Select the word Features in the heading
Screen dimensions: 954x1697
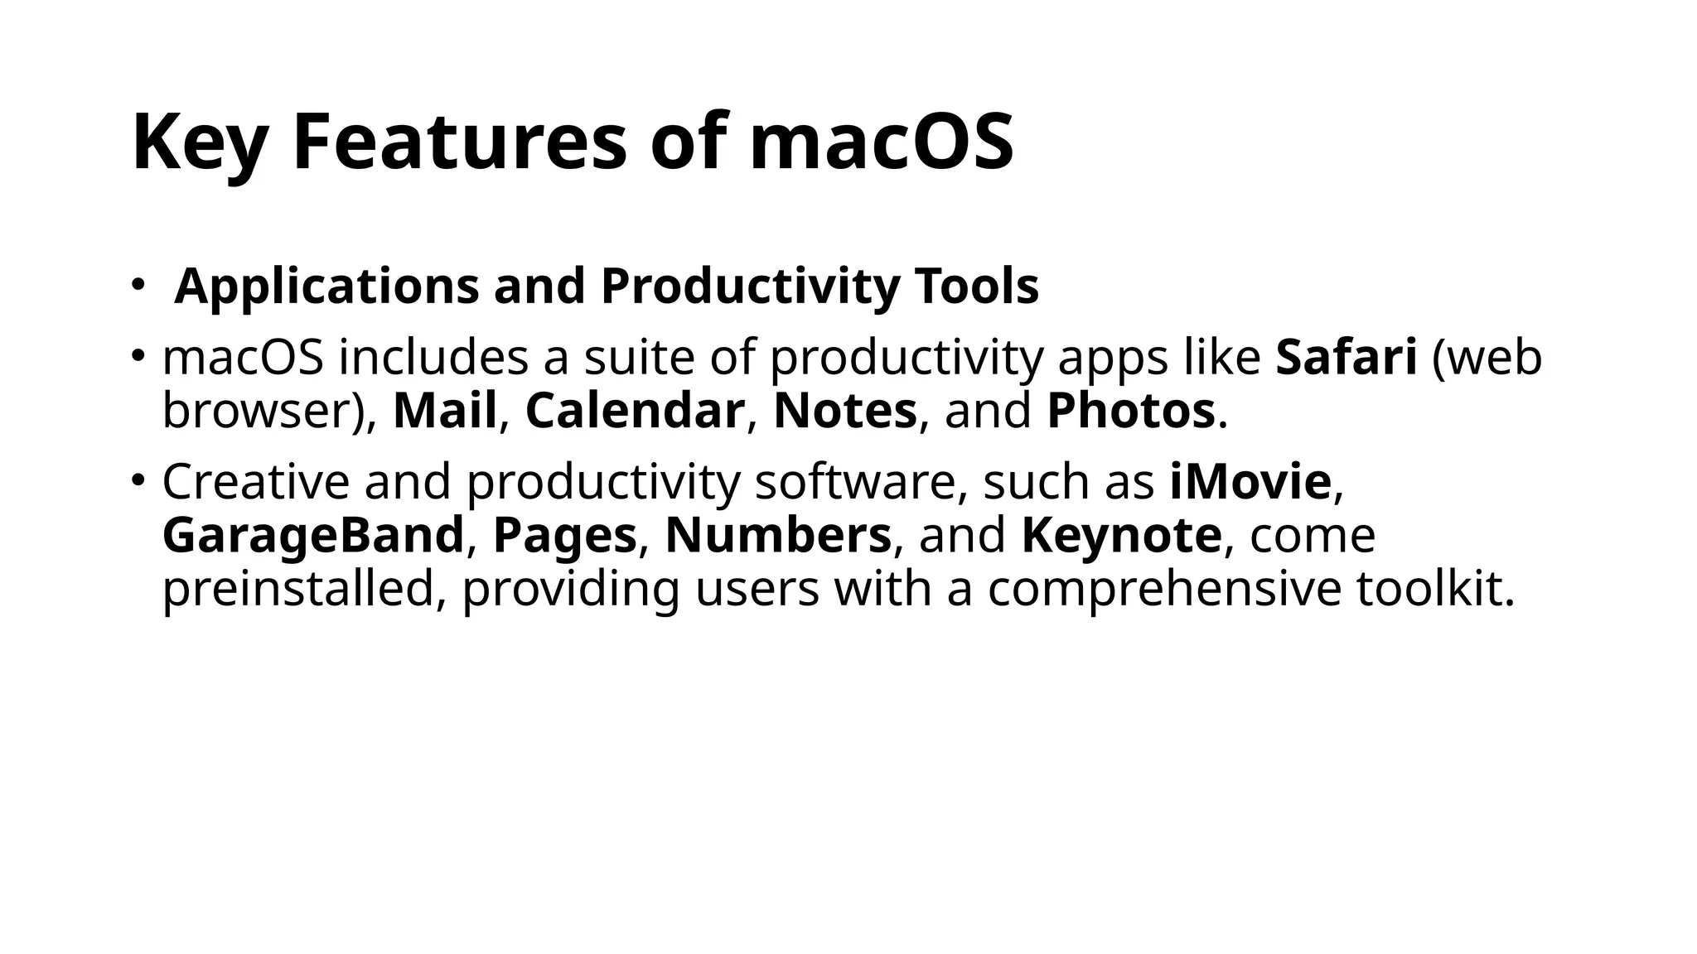coord(460,142)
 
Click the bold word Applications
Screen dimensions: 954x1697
coord(326,287)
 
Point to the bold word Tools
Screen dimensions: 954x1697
coord(977,287)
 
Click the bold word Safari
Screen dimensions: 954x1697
coord(1346,358)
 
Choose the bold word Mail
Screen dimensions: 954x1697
coord(445,411)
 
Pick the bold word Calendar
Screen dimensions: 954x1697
coord(635,411)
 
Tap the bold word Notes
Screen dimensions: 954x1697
coord(844,411)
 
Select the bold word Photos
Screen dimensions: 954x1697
coord(1130,411)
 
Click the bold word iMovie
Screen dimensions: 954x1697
coord(1250,482)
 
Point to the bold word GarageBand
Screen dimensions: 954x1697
coord(312,536)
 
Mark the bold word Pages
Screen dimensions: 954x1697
coord(564,536)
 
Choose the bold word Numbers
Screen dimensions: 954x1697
coord(777,536)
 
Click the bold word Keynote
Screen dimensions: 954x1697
coord(1121,536)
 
